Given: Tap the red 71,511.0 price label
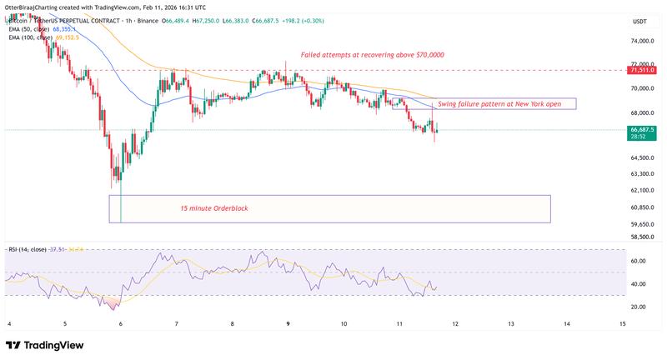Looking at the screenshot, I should pos(643,71).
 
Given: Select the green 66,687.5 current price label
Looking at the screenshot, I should pos(643,130).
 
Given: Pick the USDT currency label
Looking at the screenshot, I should pos(639,21).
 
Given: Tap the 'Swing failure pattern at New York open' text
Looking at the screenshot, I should pos(505,103).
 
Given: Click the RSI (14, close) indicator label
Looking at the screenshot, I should pos(30,248).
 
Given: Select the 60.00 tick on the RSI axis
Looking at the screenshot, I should pos(639,261).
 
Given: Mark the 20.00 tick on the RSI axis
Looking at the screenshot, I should pos(639,307).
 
